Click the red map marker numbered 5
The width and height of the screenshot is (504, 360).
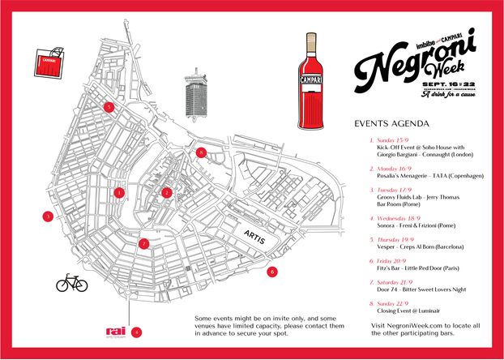108,106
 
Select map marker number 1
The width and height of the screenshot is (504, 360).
120,193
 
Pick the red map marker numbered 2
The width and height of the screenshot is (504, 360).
166,192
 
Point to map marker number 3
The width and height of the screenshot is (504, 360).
49,216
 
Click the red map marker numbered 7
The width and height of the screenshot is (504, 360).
143,243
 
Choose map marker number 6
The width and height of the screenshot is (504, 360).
272,272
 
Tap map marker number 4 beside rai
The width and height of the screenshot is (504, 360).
137,332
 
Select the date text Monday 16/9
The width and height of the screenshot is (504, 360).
393,169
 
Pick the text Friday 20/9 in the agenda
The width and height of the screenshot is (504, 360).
391,253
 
